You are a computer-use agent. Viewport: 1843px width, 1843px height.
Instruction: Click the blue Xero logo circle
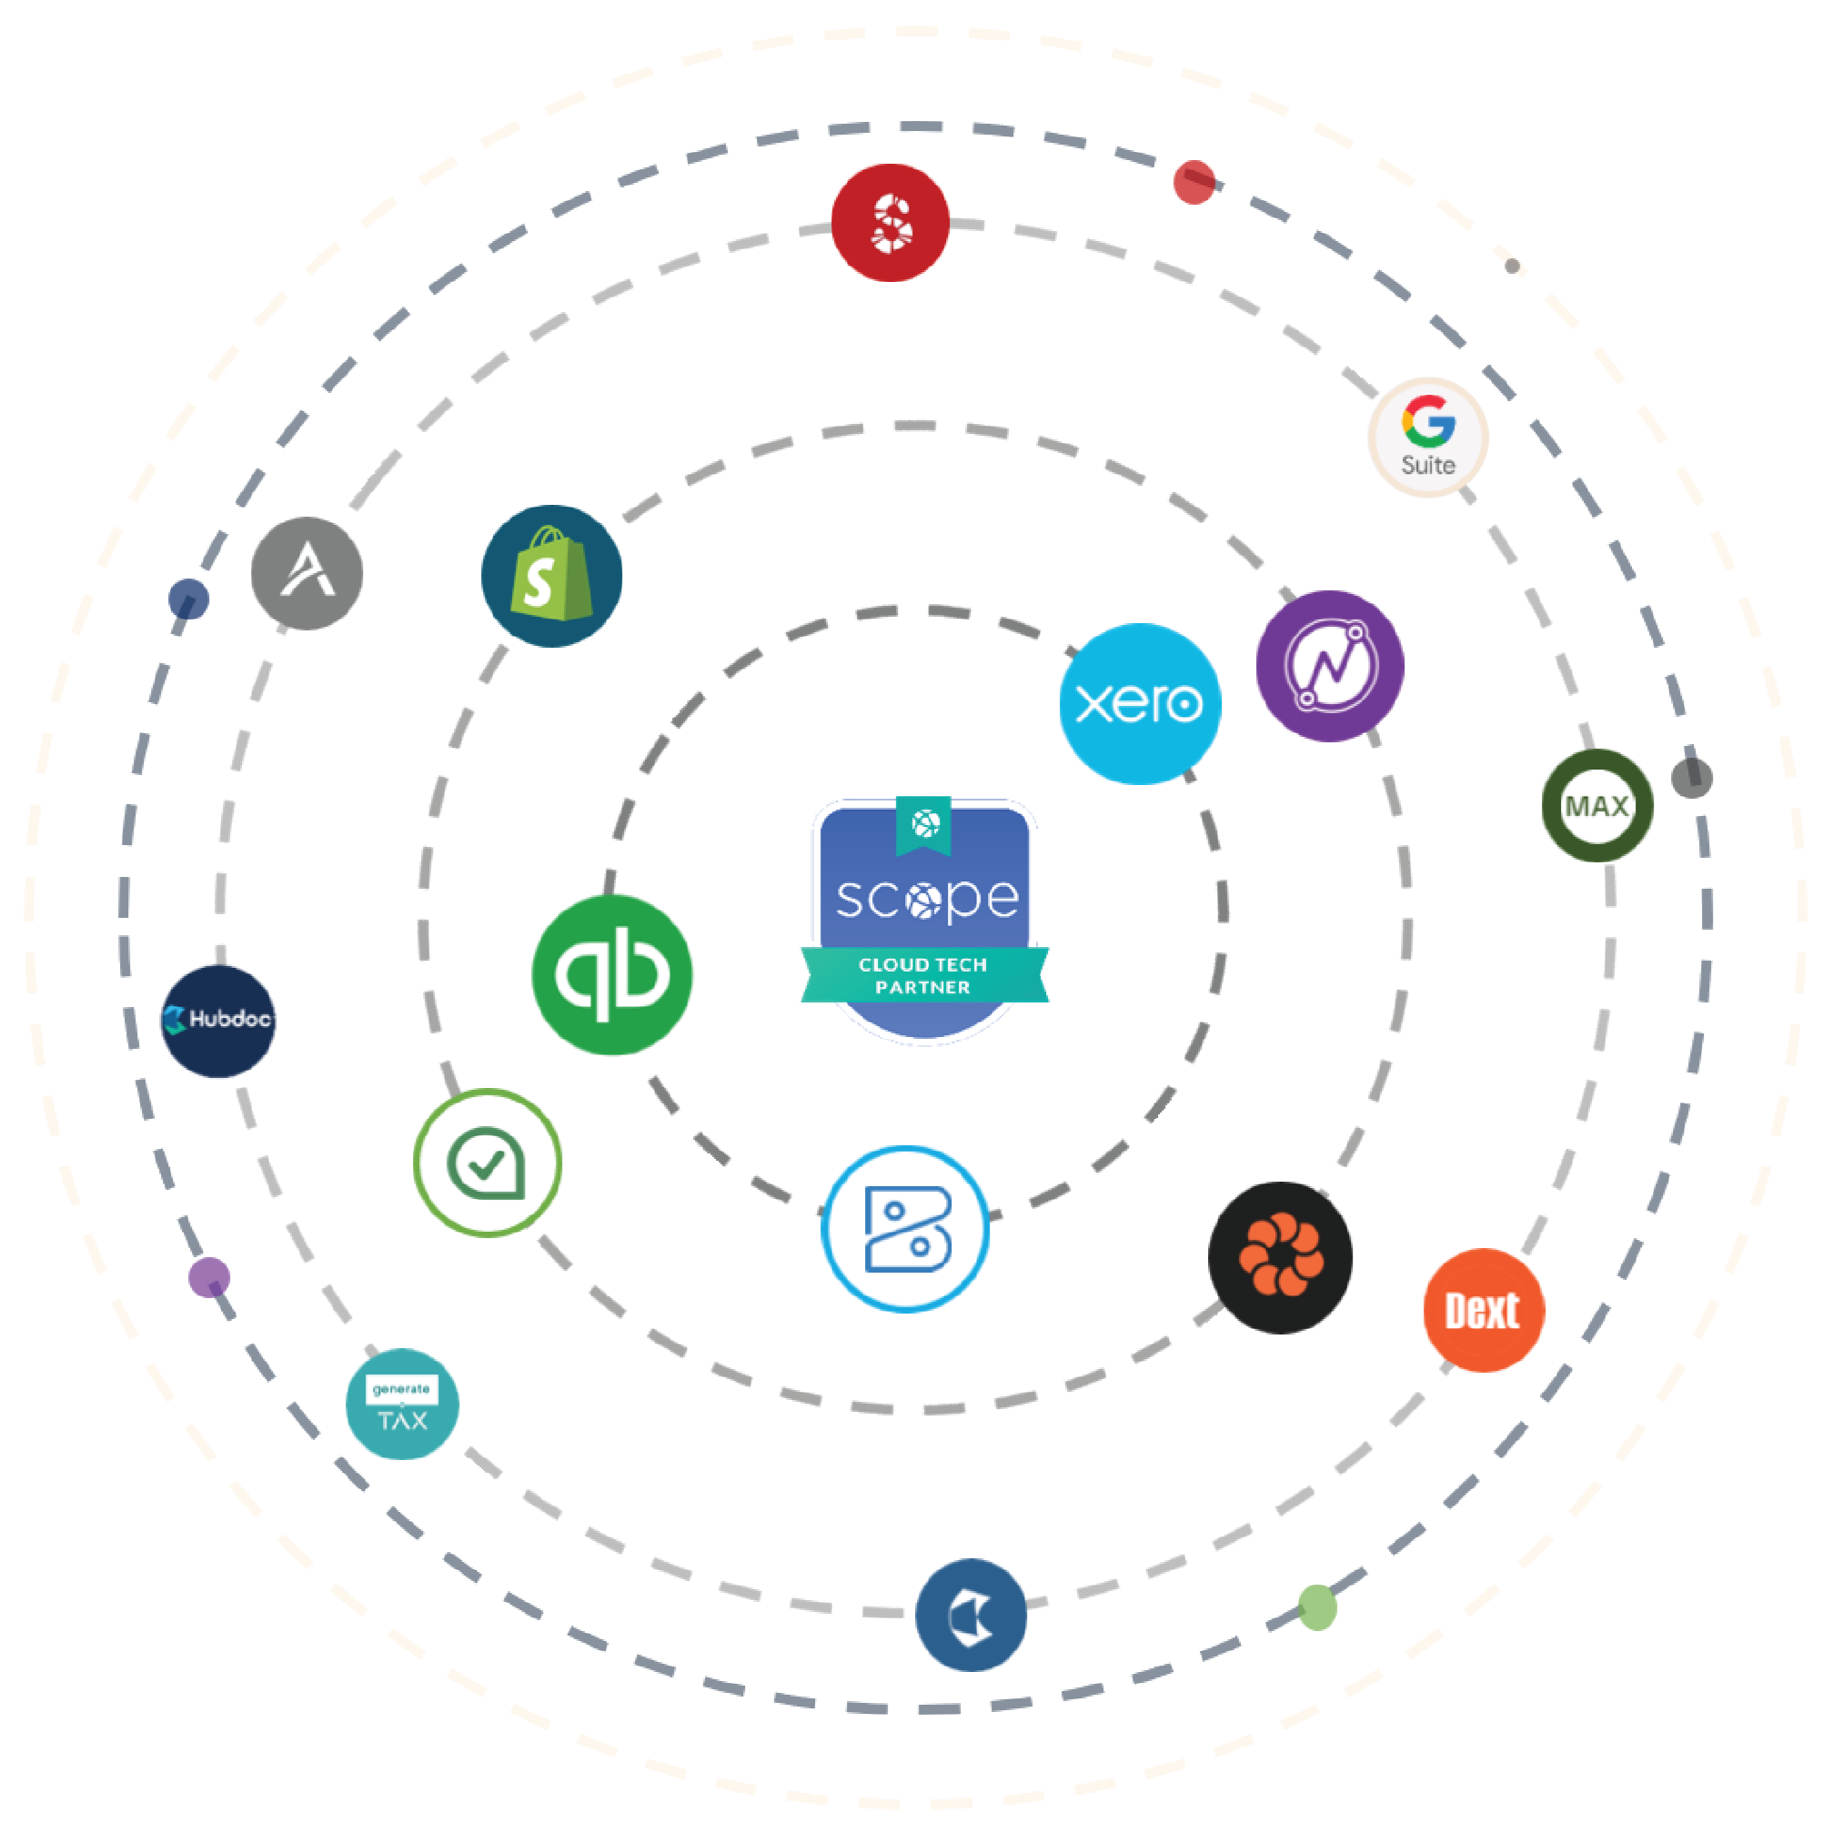(x=1140, y=704)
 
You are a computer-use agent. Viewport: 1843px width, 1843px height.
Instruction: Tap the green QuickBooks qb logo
(x=612, y=974)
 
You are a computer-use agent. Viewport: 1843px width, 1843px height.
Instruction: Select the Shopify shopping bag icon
(x=551, y=576)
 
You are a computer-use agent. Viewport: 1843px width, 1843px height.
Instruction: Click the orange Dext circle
(x=1484, y=1311)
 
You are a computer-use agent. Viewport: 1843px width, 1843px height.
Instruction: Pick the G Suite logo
(x=1428, y=437)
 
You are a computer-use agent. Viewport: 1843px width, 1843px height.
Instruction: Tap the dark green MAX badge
(x=1597, y=806)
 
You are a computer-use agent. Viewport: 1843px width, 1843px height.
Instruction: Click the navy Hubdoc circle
(x=218, y=1021)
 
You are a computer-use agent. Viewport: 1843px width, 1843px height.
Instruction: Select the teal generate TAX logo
(x=403, y=1405)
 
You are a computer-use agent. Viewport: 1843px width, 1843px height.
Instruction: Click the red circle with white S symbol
(x=890, y=223)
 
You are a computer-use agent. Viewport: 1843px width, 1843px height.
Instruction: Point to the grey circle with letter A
(x=307, y=573)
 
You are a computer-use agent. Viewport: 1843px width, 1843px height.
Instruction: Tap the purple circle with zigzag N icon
(x=1330, y=666)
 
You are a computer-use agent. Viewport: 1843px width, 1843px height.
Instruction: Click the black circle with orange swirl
(x=1280, y=1257)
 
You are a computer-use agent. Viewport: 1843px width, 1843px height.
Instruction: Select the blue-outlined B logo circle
(x=905, y=1229)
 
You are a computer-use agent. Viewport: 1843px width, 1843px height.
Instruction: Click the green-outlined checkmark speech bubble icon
(x=488, y=1163)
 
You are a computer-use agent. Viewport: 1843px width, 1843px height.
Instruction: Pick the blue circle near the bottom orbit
(x=972, y=1616)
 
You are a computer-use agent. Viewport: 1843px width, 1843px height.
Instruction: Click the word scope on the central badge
(x=926, y=899)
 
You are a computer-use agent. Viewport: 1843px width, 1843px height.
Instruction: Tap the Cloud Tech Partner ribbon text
(x=923, y=976)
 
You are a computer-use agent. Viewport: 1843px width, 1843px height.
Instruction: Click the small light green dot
(x=1317, y=1608)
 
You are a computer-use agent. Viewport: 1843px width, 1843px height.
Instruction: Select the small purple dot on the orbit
(x=209, y=1277)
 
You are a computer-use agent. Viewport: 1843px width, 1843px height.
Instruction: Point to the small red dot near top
(x=1193, y=181)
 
